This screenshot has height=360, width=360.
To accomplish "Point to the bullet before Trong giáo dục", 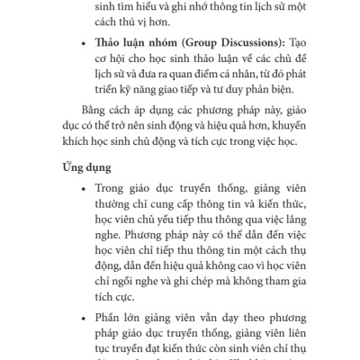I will click(82, 188).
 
